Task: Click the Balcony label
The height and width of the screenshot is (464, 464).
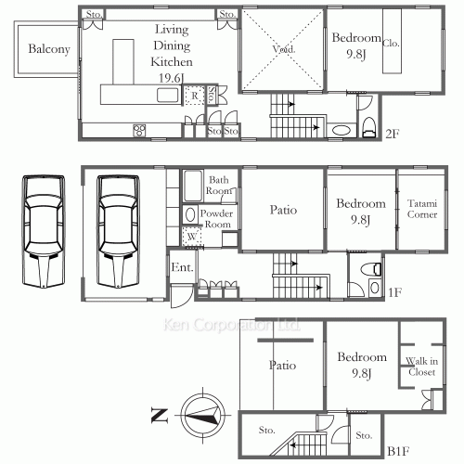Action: [x=49, y=50]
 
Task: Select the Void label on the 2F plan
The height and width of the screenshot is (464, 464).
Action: [x=283, y=47]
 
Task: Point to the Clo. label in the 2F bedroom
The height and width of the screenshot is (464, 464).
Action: [x=391, y=42]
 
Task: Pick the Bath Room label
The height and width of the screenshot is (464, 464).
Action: [x=219, y=185]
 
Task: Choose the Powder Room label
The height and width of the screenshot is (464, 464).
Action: [x=220, y=218]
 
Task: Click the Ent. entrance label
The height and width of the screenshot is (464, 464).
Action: [x=181, y=269]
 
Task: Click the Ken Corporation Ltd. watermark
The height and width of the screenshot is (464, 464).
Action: [x=231, y=326]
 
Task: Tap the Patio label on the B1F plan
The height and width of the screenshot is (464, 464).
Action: [x=282, y=365]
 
